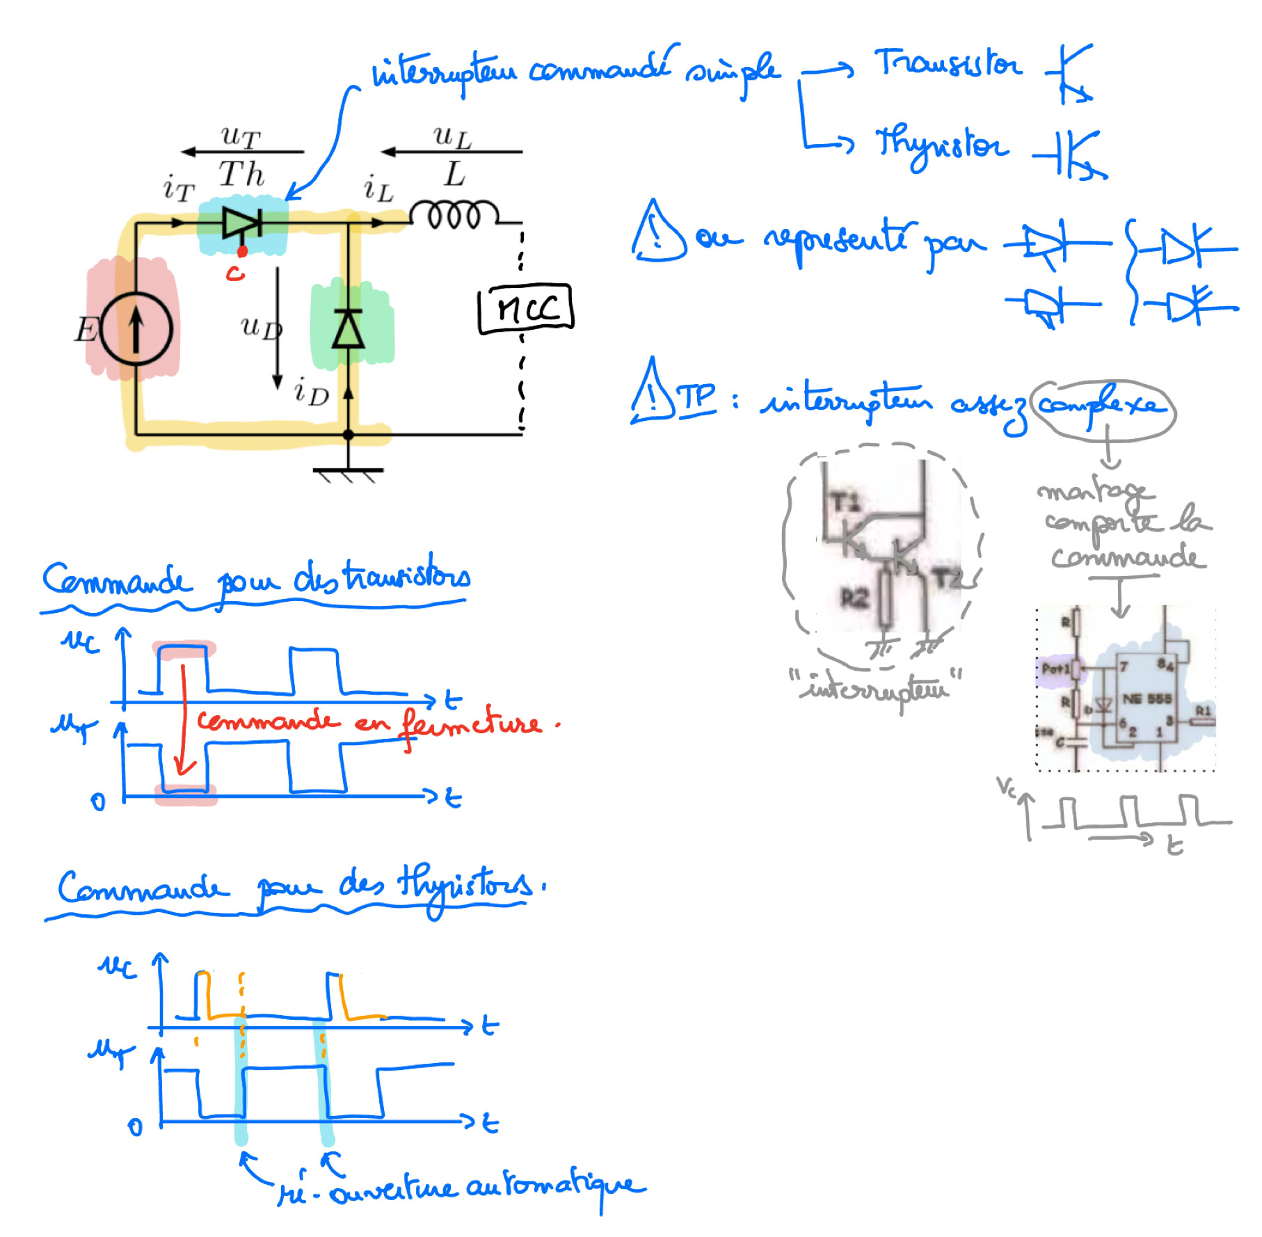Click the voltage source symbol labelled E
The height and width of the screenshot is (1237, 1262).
tap(136, 328)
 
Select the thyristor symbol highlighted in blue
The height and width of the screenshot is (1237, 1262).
tap(241, 223)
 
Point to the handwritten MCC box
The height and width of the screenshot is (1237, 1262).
tap(526, 308)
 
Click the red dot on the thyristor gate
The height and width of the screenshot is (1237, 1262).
tap(242, 251)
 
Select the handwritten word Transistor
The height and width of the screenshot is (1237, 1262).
tap(948, 65)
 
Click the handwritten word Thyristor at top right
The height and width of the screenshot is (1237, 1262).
tap(941, 145)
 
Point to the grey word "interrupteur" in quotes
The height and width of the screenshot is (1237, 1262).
tap(876, 689)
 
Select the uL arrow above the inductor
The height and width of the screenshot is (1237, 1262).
tap(452, 151)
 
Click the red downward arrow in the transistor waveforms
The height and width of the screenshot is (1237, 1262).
tap(184, 724)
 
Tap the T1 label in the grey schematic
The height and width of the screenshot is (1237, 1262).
tap(845, 502)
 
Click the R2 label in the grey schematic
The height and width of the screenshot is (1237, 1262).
tap(855, 597)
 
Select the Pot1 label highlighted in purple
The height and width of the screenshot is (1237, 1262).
tap(1055, 669)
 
